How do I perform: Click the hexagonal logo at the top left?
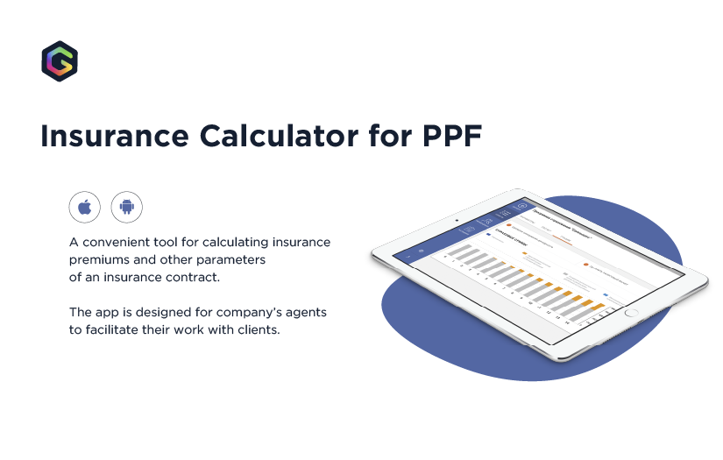pos(60,61)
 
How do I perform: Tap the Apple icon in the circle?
pos(85,208)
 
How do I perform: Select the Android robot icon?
pos(126,208)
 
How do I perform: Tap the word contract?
pos(191,278)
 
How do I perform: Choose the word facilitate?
pos(120,331)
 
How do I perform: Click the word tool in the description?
pos(167,242)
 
